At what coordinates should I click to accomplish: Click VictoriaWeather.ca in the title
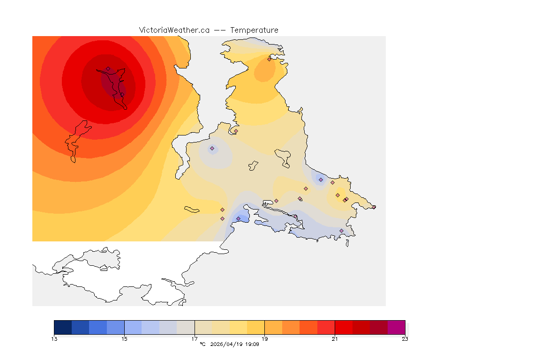(x=174, y=30)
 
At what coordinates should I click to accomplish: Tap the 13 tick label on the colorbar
(x=54, y=339)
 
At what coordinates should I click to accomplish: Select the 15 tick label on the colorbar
(x=124, y=339)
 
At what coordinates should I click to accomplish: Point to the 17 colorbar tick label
(x=195, y=339)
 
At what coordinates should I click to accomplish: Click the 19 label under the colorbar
(x=265, y=339)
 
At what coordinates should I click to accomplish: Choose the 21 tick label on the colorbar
(x=335, y=339)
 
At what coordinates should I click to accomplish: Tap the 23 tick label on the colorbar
(x=405, y=339)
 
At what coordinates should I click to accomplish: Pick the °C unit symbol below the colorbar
(x=202, y=345)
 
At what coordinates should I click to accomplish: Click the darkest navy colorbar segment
(x=63, y=327)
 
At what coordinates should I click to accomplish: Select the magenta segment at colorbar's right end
(x=396, y=327)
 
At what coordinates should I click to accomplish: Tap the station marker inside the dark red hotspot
(x=108, y=69)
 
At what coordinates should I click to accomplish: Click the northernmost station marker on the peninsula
(x=269, y=59)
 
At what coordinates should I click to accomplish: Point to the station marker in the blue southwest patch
(x=238, y=218)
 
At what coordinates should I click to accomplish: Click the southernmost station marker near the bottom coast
(x=341, y=231)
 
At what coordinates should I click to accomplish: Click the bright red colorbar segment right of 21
(x=344, y=327)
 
